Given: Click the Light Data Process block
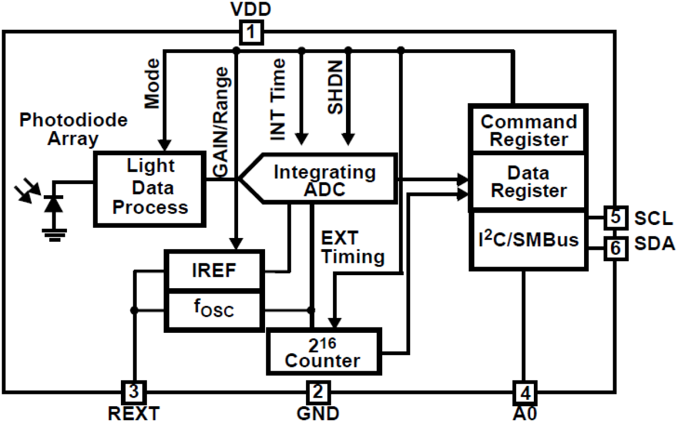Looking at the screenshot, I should click(x=151, y=189).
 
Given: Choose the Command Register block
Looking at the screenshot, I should click(x=528, y=129).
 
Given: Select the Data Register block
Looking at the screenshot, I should click(x=528, y=182).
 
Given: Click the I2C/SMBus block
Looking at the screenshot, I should click(x=528, y=240).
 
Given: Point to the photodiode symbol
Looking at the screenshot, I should click(x=52, y=203).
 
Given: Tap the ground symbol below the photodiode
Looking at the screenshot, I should click(x=53, y=233).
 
